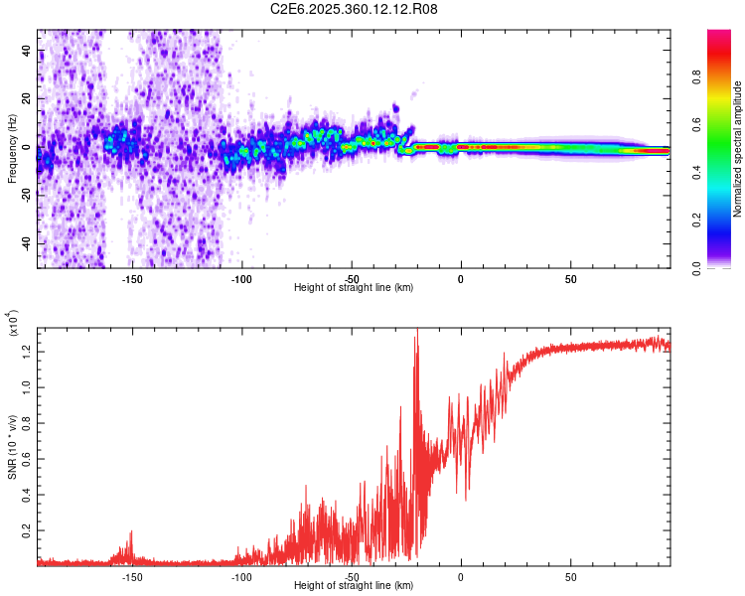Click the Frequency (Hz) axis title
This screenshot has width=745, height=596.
(x=12, y=149)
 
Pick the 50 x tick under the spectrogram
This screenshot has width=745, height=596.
(x=570, y=278)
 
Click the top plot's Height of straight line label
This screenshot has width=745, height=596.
(x=355, y=288)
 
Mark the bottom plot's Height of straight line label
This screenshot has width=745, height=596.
(x=355, y=587)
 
